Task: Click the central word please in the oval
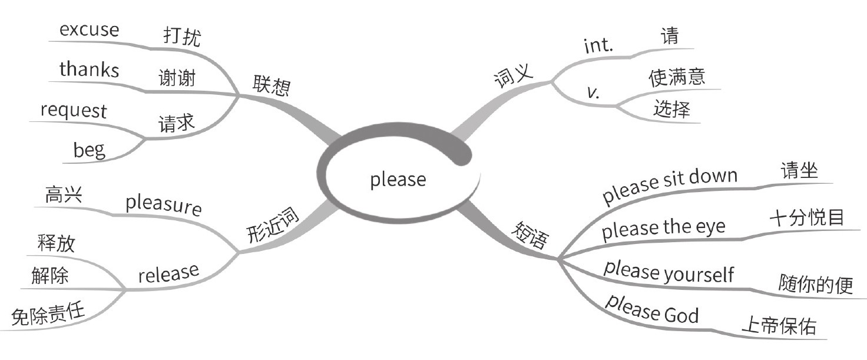[x=398, y=179]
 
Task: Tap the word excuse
[x=89, y=30]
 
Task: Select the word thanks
[x=89, y=70]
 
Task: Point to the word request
[x=74, y=110]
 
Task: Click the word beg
[x=90, y=150]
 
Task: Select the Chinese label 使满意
[x=677, y=77]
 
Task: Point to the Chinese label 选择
[x=671, y=109]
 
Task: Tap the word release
[x=168, y=273]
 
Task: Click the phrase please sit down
[x=669, y=186]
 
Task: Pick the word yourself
[x=699, y=274]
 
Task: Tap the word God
[x=681, y=315]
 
